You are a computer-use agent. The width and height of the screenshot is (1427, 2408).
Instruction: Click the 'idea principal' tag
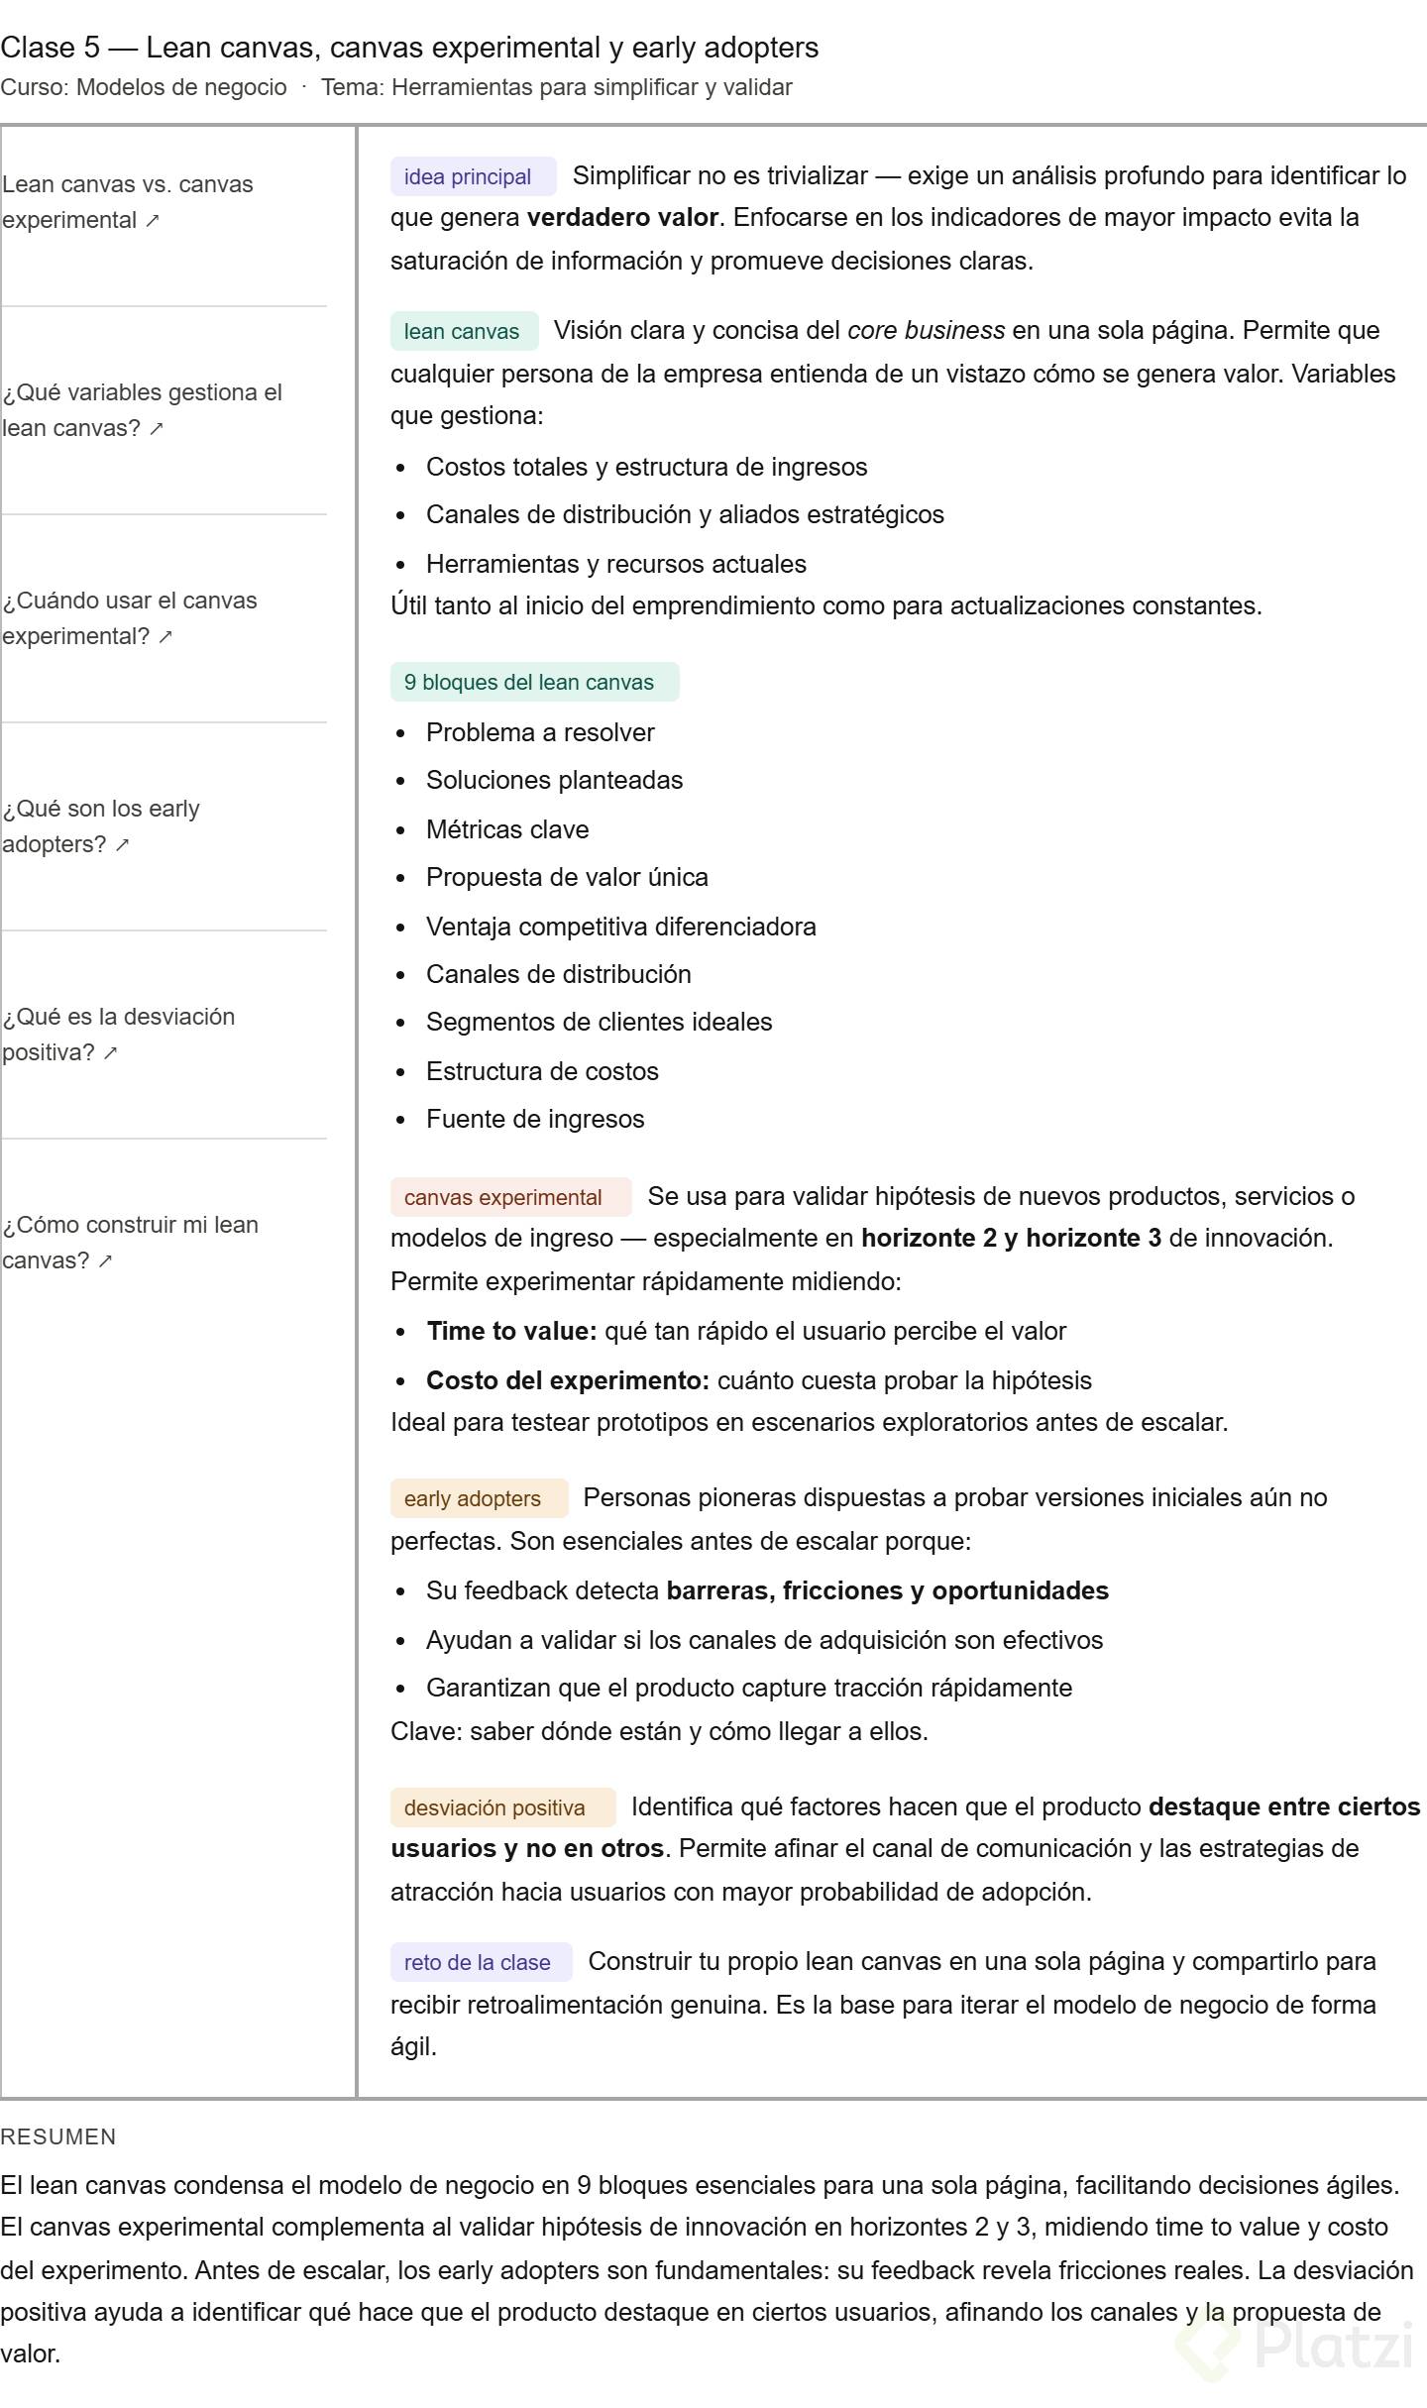click(x=468, y=177)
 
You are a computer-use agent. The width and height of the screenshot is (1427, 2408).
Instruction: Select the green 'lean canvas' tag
click(x=462, y=332)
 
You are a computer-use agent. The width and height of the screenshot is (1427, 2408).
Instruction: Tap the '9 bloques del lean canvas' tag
click(x=529, y=683)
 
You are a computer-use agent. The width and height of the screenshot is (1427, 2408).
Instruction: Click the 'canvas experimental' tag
click(x=503, y=1198)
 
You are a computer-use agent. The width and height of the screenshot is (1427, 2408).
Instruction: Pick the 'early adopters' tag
click(x=473, y=1499)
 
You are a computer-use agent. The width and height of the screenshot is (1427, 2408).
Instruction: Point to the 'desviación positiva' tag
click(x=494, y=1808)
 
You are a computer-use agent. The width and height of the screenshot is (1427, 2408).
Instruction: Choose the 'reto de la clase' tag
click(x=478, y=1963)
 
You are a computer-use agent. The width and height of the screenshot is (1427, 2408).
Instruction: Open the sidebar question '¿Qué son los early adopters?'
click(x=101, y=826)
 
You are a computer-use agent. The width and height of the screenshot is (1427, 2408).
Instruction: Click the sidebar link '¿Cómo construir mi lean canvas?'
click(x=130, y=1243)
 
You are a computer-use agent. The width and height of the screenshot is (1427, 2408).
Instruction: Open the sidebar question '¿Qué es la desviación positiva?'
click(x=118, y=1035)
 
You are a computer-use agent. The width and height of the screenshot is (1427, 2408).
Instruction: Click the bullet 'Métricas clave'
click(x=507, y=829)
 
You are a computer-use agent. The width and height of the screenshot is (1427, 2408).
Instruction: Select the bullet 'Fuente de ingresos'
click(x=535, y=1119)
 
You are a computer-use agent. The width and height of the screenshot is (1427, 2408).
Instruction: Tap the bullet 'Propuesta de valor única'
click(x=567, y=877)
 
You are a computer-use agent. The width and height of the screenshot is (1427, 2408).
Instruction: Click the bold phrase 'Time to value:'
click(x=511, y=1331)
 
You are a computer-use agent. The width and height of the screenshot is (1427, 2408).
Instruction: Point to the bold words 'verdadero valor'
click(x=622, y=218)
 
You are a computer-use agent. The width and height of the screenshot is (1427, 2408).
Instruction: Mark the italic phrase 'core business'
click(x=926, y=331)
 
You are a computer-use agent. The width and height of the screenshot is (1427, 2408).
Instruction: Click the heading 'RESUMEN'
click(x=58, y=2136)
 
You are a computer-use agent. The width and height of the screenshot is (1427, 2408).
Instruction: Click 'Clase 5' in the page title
click(x=50, y=48)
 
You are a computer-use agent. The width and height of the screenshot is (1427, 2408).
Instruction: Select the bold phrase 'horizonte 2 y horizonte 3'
click(x=1011, y=1239)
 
